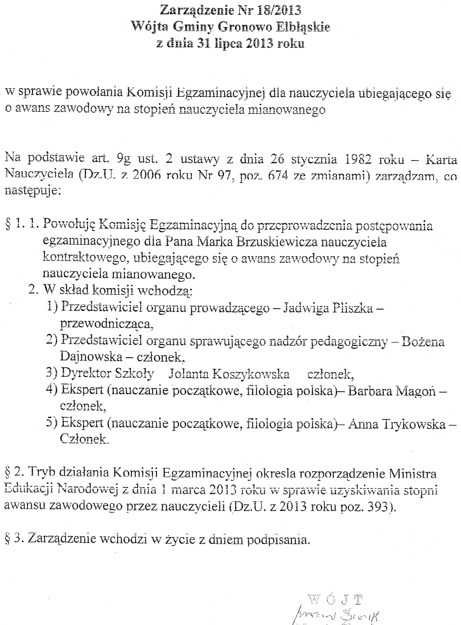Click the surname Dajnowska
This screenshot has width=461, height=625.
(91, 357)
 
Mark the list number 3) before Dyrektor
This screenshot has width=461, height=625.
(52, 373)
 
